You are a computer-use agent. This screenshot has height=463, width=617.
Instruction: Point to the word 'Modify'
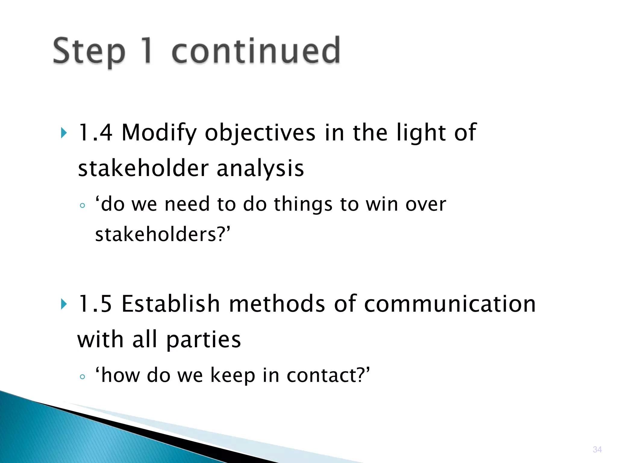pyautogui.click(x=159, y=133)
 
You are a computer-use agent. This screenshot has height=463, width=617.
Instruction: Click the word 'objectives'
pyautogui.click(x=260, y=133)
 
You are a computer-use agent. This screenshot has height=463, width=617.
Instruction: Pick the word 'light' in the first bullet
pyautogui.click(x=421, y=133)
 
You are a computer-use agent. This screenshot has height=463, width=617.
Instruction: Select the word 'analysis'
pyautogui.click(x=260, y=169)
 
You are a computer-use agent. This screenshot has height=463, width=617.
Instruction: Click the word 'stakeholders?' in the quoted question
pyautogui.click(x=163, y=235)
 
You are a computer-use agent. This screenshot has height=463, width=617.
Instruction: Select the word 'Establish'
pyautogui.click(x=171, y=304)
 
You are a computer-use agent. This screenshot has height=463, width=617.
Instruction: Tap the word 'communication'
pyautogui.click(x=450, y=304)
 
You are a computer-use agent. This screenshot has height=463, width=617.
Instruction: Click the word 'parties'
pyautogui.click(x=204, y=340)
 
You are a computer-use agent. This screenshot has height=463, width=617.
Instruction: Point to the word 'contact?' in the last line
pyautogui.click(x=328, y=375)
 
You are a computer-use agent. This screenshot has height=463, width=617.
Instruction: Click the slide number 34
pyautogui.click(x=597, y=449)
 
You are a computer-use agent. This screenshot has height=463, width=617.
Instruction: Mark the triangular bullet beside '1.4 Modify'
pyautogui.click(x=64, y=133)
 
